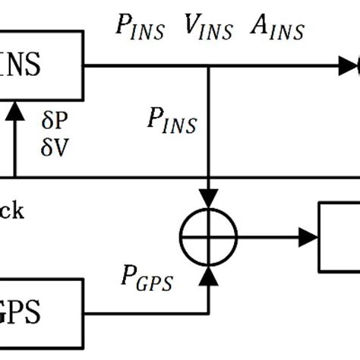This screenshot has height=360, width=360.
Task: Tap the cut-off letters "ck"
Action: (x=11, y=210)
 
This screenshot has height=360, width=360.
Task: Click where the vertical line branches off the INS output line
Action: (x=208, y=67)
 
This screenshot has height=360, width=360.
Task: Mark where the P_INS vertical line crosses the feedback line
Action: (x=208, y=178)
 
